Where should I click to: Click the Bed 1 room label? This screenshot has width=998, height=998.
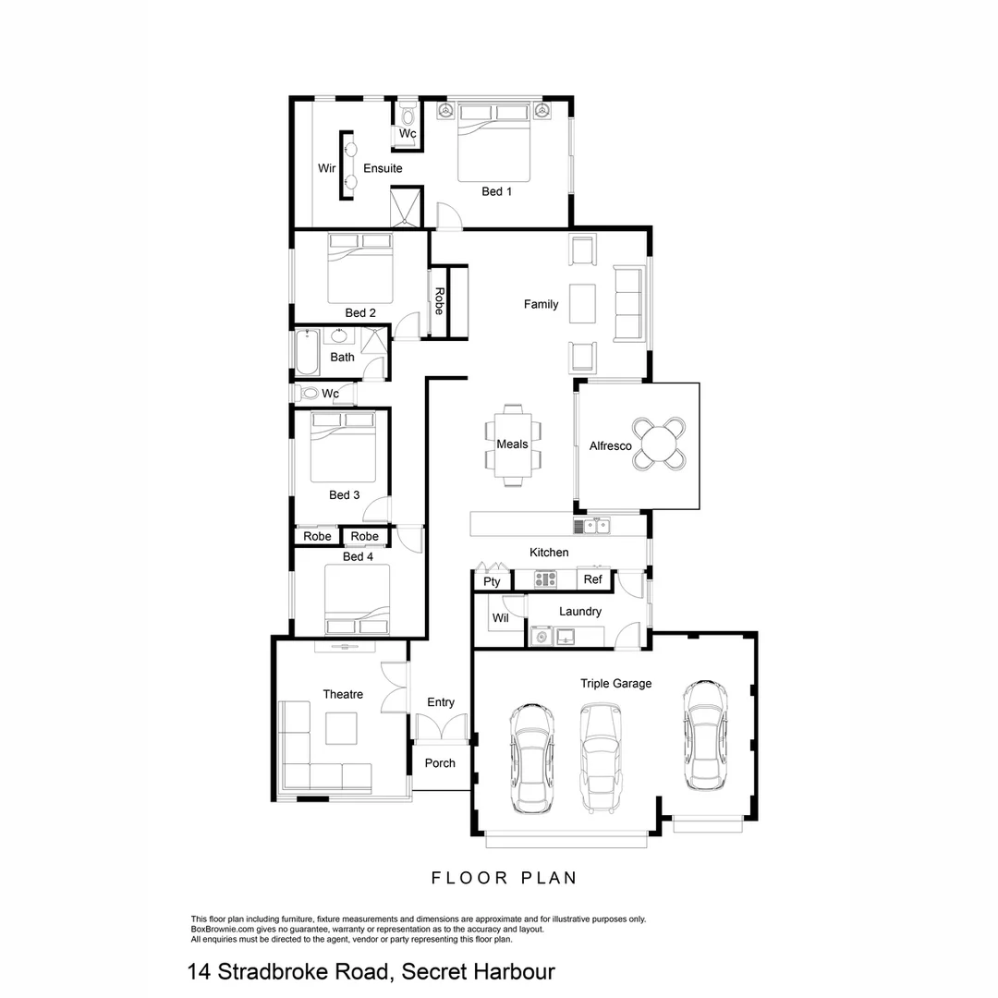[496, 191]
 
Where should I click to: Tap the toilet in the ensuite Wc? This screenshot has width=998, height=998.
[408, 116]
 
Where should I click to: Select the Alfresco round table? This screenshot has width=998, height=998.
[659, 445]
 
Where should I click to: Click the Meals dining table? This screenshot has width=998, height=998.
[513, 444]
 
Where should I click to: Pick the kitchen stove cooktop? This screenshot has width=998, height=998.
[545, 579]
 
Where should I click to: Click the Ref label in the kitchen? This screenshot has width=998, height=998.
[592, 580]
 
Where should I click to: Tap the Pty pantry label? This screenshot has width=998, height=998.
[492, 581]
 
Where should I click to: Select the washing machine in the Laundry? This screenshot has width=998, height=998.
[542, 636]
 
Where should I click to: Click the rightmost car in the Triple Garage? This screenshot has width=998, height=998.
[703, 735]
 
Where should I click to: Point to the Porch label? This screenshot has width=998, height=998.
[440, 763]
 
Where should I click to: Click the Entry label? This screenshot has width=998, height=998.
[441, 702]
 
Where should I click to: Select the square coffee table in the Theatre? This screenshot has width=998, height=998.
[340, 729]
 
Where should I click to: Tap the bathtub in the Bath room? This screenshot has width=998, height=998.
[306, 353]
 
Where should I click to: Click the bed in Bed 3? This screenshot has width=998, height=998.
[343, 447]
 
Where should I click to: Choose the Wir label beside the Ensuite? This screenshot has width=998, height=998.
[326, 168]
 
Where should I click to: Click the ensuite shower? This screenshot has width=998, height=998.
[406, 206]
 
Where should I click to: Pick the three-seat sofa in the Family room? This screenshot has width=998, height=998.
[628, 303]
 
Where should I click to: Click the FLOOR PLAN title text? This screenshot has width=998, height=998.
[505, 878]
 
